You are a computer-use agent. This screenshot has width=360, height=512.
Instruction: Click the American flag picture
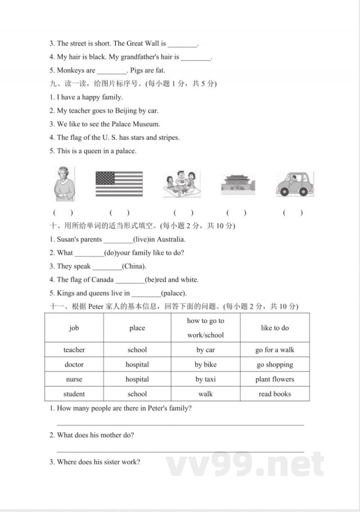(x=119, y=183)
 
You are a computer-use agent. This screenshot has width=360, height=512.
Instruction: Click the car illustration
(x=294, y=184)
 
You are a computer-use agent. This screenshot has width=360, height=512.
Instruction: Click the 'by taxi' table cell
(x=205, y=379)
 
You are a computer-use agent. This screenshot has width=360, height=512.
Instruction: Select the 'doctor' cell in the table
(x=74, y=364)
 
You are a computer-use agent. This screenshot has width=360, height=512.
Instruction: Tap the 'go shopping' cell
(x=274, y=364)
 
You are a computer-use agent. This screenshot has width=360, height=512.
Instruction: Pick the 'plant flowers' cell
(x=274, y=379)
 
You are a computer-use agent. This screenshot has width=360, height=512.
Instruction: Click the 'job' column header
(x=74, y=328)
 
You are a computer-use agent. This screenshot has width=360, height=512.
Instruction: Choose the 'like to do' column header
(x=274, y=328)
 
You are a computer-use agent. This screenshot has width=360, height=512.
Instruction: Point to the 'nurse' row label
(x=74, y=379)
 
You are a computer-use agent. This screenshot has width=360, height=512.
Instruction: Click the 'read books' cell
(x=274, y=394)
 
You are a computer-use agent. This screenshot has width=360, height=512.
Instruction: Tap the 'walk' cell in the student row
(x=205, y=394)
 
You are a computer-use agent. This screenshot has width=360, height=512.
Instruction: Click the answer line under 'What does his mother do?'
(x=180, y=450)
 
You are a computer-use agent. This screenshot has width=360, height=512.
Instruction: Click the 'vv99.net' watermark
(x=245, y=464)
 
